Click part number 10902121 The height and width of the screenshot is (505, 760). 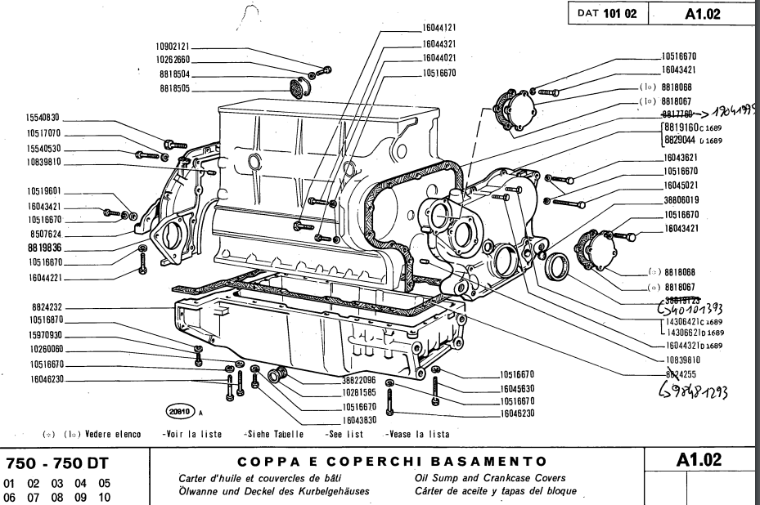(173, 47)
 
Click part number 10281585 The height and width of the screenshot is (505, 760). (331, 392)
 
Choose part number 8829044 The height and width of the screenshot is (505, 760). (679, 141)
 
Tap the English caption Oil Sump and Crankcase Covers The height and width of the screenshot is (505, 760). (477, 476)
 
